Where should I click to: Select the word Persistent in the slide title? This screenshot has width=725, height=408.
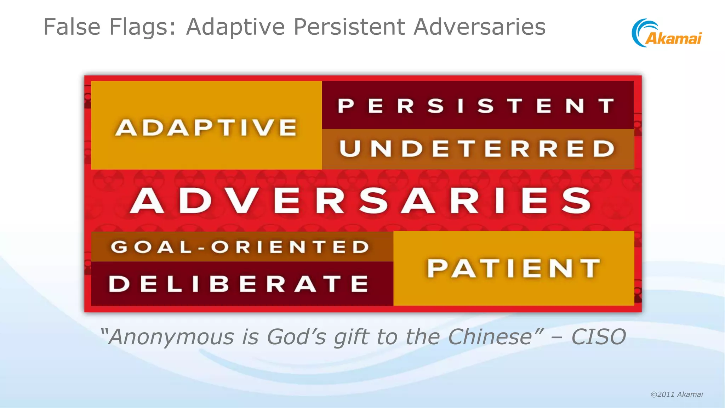coord(349,27)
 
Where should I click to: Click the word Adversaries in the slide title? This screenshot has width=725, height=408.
coord(479,27)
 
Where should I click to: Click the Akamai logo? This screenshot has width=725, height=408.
coord(667,33)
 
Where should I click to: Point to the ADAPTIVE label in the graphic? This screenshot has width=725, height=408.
coord(206,127)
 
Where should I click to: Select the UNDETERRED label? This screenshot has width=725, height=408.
coord(477,148)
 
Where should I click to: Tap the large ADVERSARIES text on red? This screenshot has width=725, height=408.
coord(361,200)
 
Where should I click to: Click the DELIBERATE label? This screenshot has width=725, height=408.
coord(239,284)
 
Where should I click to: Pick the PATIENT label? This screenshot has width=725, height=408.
coord(514,268)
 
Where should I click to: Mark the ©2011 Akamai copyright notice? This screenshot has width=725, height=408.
coord(677,395)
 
